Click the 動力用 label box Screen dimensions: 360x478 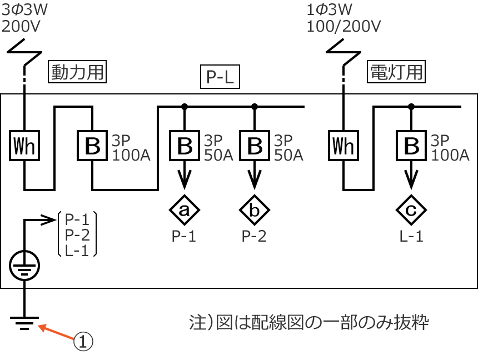(77, 72)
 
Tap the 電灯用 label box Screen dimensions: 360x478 (396, 72)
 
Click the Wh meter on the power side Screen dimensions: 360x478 (24, 146)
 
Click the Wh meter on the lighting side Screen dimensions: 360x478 (343, 146)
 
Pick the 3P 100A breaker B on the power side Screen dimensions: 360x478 (92, 146)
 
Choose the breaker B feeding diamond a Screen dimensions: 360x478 (185, 146)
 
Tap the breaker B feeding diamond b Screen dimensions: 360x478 (255, 146)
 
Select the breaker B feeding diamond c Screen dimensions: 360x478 (411, 146)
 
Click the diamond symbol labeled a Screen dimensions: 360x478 (185, 209)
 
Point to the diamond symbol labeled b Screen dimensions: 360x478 (255, 209)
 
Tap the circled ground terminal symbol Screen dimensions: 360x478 (24, 266)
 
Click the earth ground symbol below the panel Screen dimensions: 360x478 (24, 323)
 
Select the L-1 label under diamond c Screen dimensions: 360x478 (411, 237)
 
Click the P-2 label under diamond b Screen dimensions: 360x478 (255, 237)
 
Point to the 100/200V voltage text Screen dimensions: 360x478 (343, 26)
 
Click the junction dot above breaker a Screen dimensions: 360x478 (185, 106)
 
